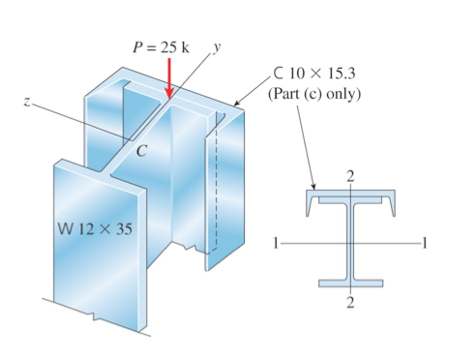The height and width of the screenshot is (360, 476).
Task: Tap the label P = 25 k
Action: (161, 48)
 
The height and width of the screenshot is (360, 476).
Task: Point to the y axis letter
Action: (219, 46)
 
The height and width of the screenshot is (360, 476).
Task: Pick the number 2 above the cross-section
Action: (350, 174)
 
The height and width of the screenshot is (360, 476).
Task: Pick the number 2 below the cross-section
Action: (350, 304)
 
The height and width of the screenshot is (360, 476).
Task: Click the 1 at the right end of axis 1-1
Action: (425, 241)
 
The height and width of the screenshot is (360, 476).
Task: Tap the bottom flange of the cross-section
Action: (350, 284)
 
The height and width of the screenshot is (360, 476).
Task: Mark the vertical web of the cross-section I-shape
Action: (350, 242)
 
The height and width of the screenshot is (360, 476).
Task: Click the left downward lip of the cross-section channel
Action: (309, 204)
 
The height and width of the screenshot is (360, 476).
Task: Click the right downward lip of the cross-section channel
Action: (392, 204)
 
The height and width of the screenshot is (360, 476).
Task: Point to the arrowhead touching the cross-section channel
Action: (314, 186)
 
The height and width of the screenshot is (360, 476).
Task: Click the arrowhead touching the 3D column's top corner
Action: (235, 104)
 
